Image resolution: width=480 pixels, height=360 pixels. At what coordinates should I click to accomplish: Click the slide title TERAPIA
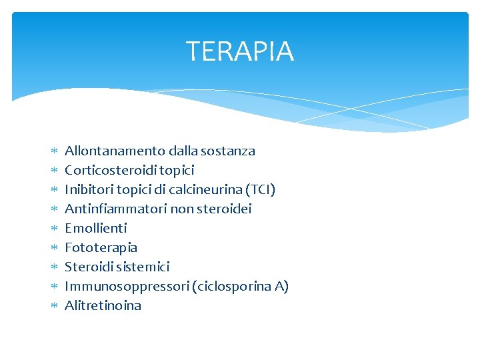pyautogui.click(x=239, y=51)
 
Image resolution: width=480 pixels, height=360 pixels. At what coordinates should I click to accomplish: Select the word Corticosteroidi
pyautogui.click(x=111, y=170)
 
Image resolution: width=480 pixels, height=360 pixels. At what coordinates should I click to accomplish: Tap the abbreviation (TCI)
pyautogui.click(x=261, y=189)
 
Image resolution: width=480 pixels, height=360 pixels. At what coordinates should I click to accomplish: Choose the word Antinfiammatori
pyautogui.click(x=115, y=209)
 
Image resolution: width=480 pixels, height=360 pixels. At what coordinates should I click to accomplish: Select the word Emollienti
pyautogui.click(x=95, y=228)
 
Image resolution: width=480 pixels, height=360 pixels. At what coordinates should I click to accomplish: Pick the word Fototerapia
pyautogui.click(x=101, y=247)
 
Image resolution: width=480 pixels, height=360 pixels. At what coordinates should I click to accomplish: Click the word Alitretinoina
pyautogui.click(x=103, y=305)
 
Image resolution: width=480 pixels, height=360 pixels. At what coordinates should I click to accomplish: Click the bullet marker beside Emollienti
pyautogui.click(x=54, y=229)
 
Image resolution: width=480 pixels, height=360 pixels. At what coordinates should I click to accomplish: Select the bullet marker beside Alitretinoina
pyautogui.click(x=54, y=306)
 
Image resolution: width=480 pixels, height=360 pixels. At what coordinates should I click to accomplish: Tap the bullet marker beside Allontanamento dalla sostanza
pyautogui.click(x=54, y=151)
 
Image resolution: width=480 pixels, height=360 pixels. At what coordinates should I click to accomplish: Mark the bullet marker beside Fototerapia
pyautogui.click(x=54, y=248)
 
